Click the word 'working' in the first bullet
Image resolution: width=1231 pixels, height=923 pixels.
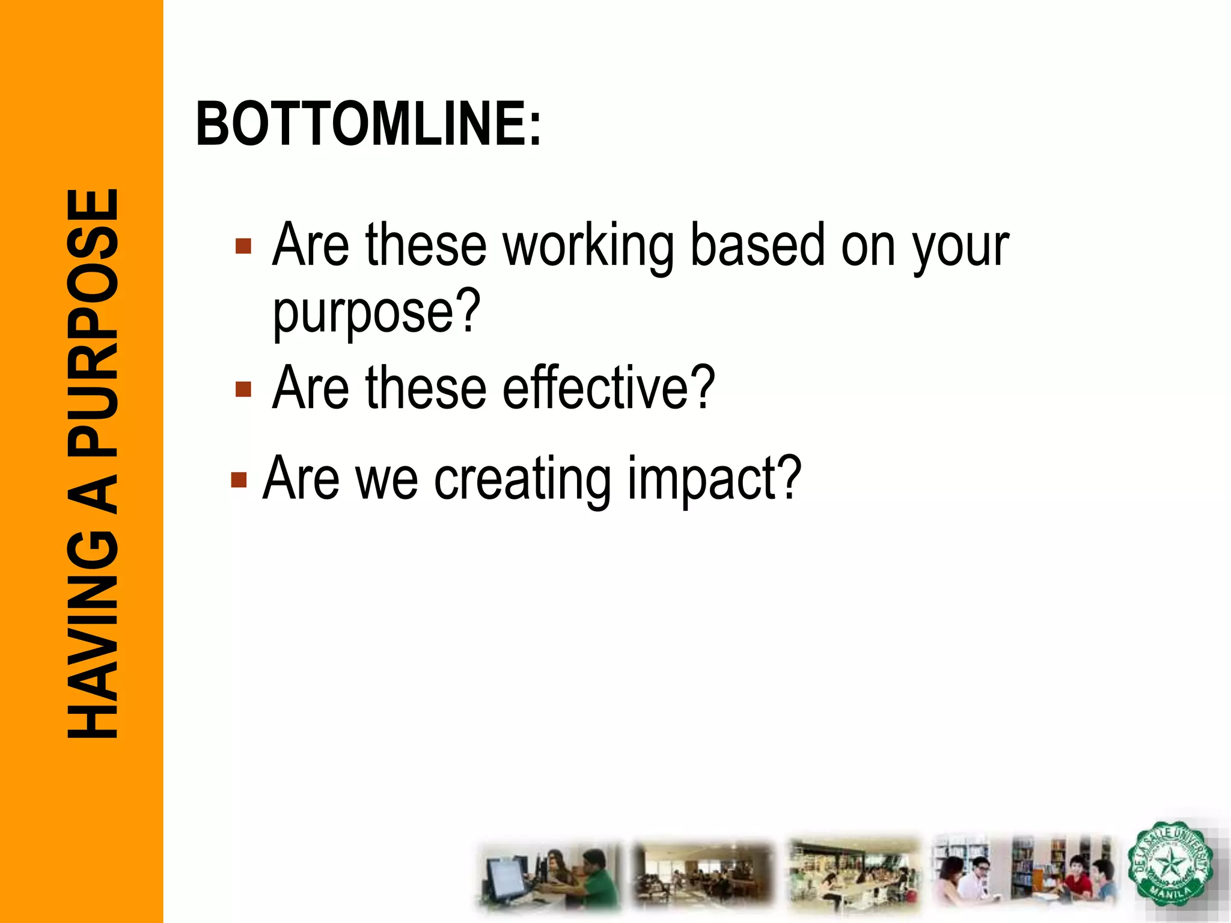click(x=588, y=246)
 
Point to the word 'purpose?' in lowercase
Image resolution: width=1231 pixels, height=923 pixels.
click(x=377, y=313)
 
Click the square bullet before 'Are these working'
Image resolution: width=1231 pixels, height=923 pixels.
click(x=243, y=246)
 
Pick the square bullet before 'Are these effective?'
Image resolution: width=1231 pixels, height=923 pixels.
click(x=243, y=389)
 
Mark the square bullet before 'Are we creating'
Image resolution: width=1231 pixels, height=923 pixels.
click(x=239, y=480)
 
